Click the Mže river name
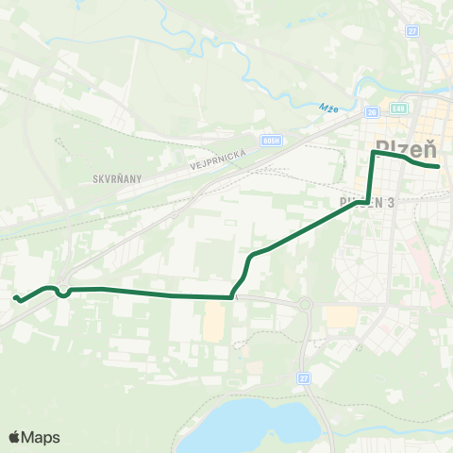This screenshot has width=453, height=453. point(327,106)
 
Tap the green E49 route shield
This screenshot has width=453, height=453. point(400,110)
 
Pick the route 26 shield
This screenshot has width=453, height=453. point(373,112)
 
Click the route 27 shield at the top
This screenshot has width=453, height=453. point(412,31)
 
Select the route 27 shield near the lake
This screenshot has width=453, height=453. point(303,378)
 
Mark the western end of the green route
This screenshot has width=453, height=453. point(15,298)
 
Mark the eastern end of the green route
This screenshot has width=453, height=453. point(439,167)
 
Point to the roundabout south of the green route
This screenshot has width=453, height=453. point(305,305)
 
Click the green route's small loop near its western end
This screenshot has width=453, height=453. point(63,293)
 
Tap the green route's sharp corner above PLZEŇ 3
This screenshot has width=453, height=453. point(374,153)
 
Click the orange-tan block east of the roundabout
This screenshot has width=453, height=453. point(341,317)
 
